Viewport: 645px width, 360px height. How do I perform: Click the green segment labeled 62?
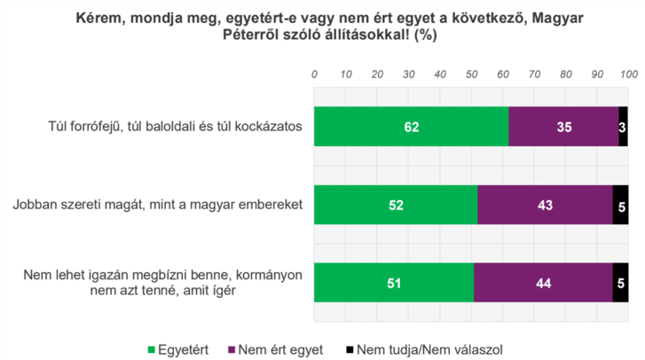tap(411, 127)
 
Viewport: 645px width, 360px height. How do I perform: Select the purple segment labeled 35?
tap(563, 127)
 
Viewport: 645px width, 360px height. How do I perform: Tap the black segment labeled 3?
tap(623, 127)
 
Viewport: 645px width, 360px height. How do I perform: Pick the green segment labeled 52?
tap(396, 205)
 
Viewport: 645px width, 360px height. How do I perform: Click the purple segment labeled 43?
tap(545, 205)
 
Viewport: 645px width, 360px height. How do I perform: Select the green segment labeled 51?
tap(393, 284)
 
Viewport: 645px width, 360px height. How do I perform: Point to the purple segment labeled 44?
tap(543, 284)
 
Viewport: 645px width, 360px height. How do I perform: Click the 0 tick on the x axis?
tap(315, 74)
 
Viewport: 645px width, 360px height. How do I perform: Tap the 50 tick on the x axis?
tap(471, 74)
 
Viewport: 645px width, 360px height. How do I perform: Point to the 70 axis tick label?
tap(534, 74)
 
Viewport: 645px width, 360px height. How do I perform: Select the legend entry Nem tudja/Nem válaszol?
tap(421, 348)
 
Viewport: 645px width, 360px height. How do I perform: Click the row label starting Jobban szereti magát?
tap(158, 205)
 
